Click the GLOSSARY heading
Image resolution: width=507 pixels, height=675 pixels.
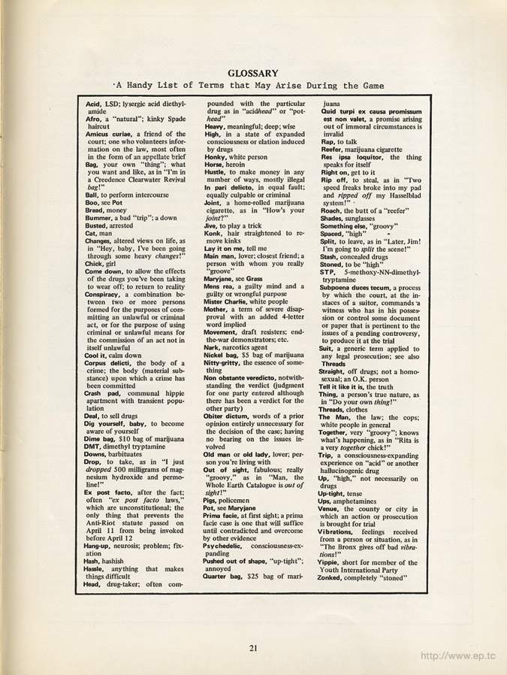pos(253,73)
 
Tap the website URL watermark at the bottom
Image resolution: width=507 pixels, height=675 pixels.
pos(458,655)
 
